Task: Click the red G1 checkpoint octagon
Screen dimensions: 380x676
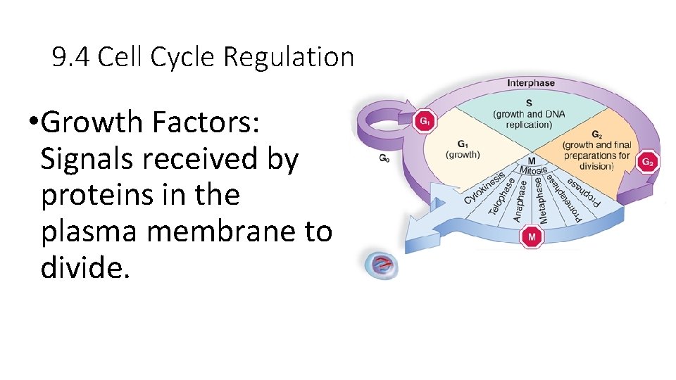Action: [x=425, y=121]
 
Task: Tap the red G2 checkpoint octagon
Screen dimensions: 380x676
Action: [x=648, y=162]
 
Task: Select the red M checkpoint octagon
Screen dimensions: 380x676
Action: [x=532, y=238]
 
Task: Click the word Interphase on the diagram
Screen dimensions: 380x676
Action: [x=531, y=83]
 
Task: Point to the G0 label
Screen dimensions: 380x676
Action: [x=384, y=158]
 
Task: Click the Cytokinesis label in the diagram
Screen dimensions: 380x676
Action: [x=484, y=187]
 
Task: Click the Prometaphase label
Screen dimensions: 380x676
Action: [x=565, y=196]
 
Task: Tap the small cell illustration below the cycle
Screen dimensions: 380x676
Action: [x=381, y=265]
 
